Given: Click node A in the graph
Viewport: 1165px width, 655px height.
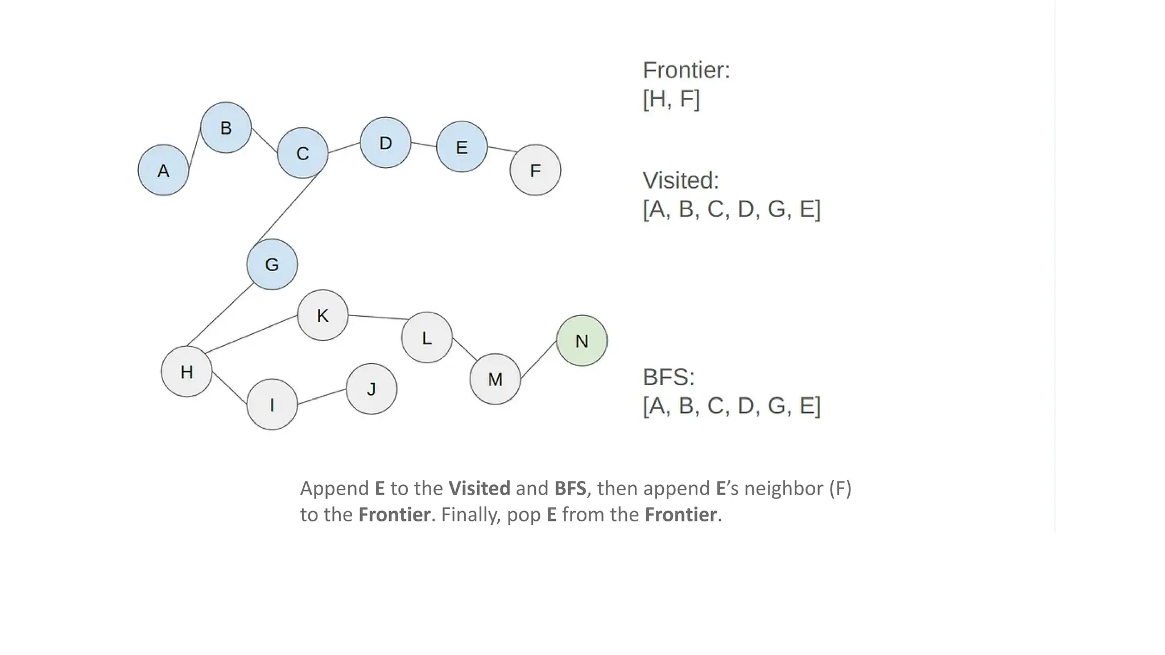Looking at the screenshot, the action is coord(163,170).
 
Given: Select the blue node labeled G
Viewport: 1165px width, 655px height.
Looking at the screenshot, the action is coord(272,264).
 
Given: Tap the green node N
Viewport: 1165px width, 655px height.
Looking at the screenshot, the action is coord(581,341).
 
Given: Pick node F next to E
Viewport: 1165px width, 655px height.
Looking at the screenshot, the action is coord(535,170).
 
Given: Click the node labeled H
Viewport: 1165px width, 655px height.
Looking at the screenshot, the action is coord(187,371).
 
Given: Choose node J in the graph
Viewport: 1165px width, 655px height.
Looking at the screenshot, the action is coord(371,389).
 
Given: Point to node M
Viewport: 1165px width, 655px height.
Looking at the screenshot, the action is coord(495,379).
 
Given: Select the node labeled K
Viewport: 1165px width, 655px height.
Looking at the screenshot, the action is coord(323,315).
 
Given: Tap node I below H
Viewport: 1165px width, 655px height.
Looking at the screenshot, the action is coord(272,404).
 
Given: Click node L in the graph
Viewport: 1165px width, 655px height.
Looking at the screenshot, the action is coord(427,338).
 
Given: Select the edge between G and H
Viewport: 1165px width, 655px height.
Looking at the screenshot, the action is coord(220,314).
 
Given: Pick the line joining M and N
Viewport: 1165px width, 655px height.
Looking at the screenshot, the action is coord(539,359).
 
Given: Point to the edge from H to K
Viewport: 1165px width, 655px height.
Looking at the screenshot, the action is coord(251,334).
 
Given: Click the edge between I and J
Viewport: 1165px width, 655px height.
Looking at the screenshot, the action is coord(322,396).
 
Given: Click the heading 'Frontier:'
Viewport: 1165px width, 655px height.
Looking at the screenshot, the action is coord(686,71).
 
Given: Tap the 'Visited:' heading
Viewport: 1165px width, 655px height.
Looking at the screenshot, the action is coord(680,181).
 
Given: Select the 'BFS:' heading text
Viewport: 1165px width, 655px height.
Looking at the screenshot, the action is coord(668,377).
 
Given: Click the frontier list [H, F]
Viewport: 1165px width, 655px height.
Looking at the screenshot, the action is coord(671,99).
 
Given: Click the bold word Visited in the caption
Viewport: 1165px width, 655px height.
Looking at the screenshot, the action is coord(479,488).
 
